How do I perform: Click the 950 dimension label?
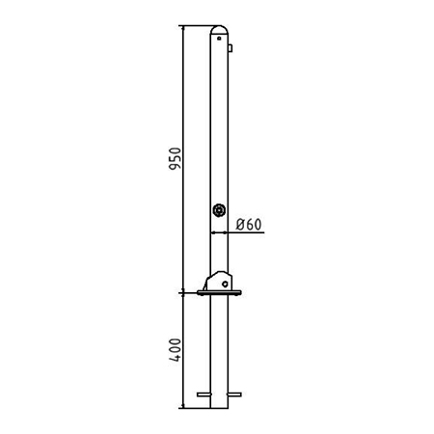click(176, 158)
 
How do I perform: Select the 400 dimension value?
click(176, 350)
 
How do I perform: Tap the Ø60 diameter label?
click(249, 225)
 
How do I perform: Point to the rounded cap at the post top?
click(219, 29)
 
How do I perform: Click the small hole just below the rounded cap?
click(219, 39)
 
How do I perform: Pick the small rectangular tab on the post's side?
click(231, 48)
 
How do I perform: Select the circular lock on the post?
click(219, 210)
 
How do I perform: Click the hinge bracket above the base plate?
click(218, 281)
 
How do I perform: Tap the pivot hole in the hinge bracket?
click(225, 284)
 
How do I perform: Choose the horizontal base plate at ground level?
click(219, 292)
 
